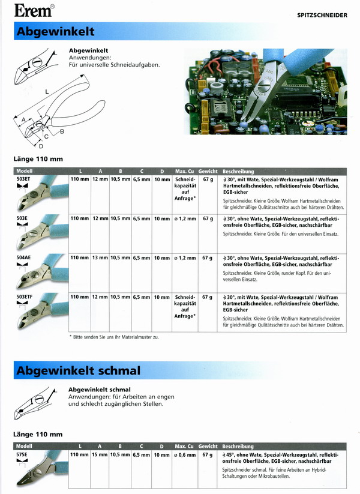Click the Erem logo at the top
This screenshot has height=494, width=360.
(33, 10)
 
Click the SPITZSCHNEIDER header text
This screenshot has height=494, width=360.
(322, 15)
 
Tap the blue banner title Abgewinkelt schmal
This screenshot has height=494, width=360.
(78, 370)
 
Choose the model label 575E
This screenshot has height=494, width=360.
(23, 455)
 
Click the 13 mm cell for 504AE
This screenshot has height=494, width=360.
(100, 258)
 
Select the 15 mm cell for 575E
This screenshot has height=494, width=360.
(100, 455)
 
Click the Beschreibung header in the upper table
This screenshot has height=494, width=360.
(238, 171)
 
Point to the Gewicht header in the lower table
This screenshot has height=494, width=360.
(208, 447)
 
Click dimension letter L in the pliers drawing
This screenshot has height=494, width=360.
(46, 91)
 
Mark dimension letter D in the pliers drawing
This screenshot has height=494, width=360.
(41, 145)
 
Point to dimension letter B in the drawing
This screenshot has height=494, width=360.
(62, 131)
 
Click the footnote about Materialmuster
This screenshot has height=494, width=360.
(115, 337)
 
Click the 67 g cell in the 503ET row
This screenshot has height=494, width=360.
(208, 179)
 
